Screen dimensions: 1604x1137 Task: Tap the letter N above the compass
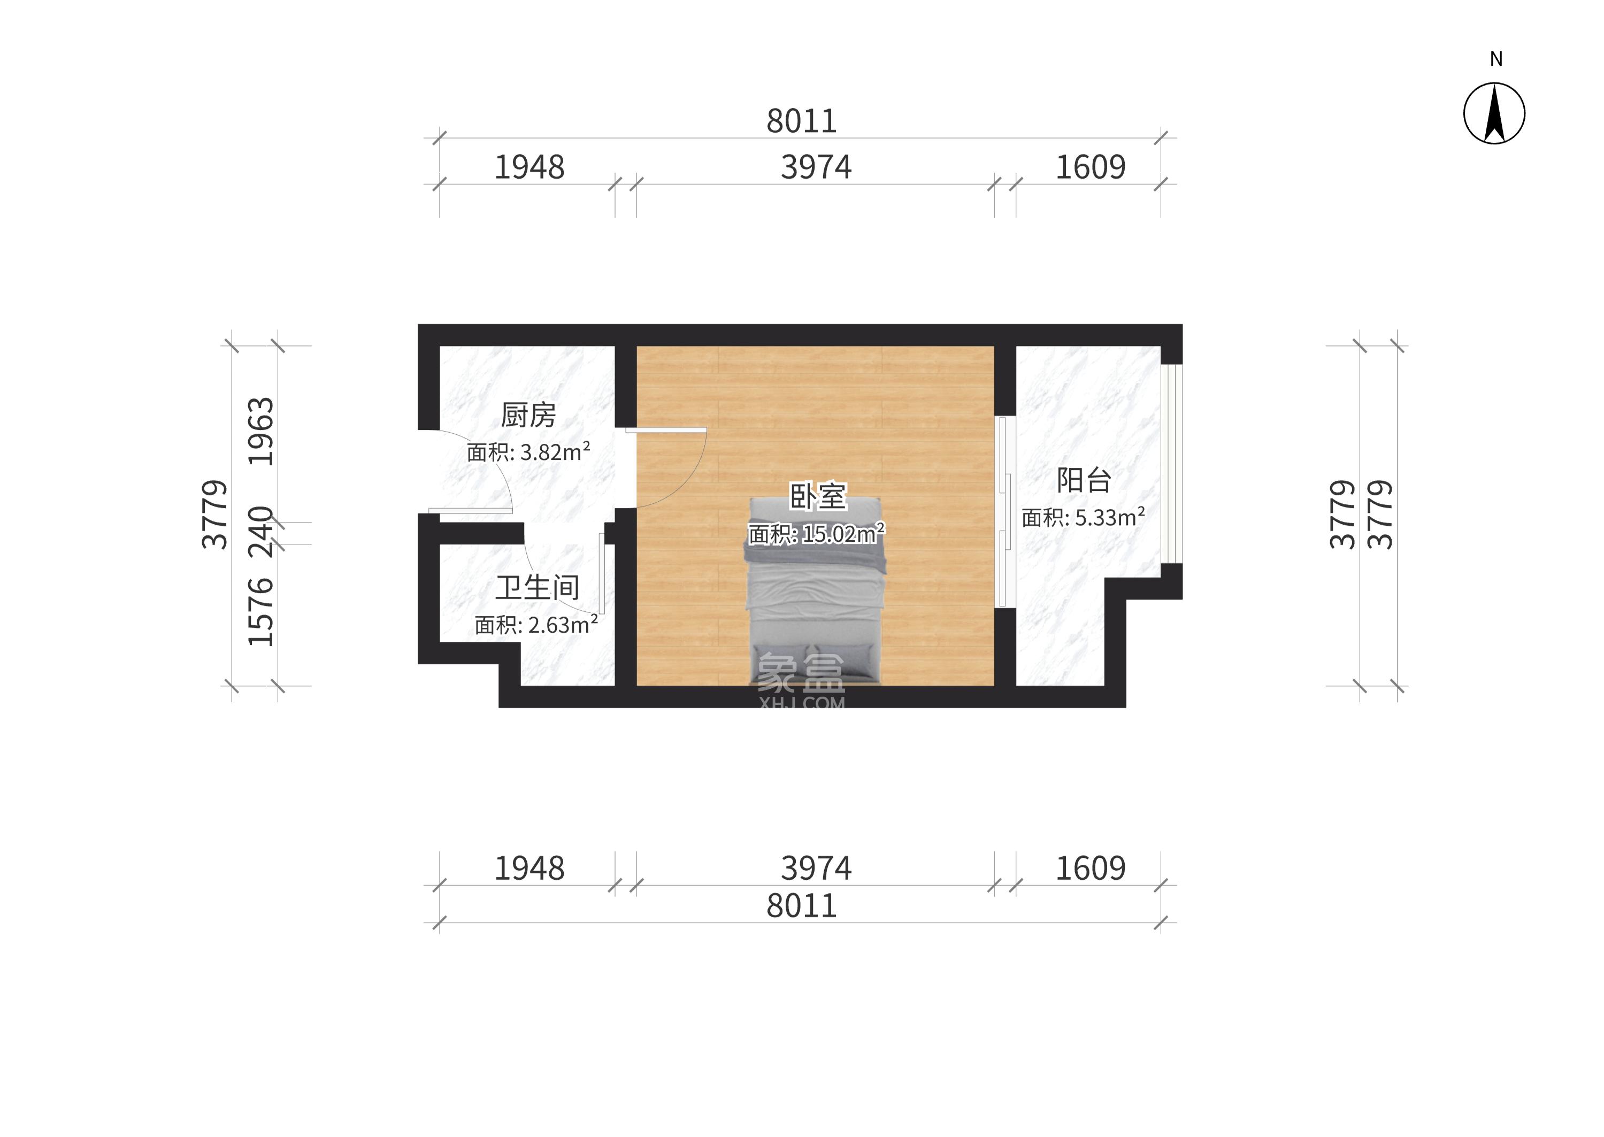pyautogui.click(x=1496, y=59)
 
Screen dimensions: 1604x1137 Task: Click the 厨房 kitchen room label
pyautogui.click(x=528, y=415)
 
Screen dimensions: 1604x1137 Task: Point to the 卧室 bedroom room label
pyautogui.click(x=818, y=496)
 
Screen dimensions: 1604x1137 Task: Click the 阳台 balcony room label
pyautogui.click(x=1084, y=480)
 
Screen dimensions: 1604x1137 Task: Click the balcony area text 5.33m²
pyautogui.click(x=1110, y=517)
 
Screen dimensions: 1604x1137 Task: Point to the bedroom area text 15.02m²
pyautogui.click(x=843, y=534)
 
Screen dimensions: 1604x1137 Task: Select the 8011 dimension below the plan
pyautogui.click(x=802, y=906)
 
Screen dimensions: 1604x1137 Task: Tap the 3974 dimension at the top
pyautogui.click(x=816, y=167)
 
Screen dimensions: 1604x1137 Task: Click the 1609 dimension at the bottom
pyautogui.click(x=1090, y=868)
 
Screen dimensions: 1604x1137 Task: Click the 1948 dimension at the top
pyautogui.click(x=529, y=167)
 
